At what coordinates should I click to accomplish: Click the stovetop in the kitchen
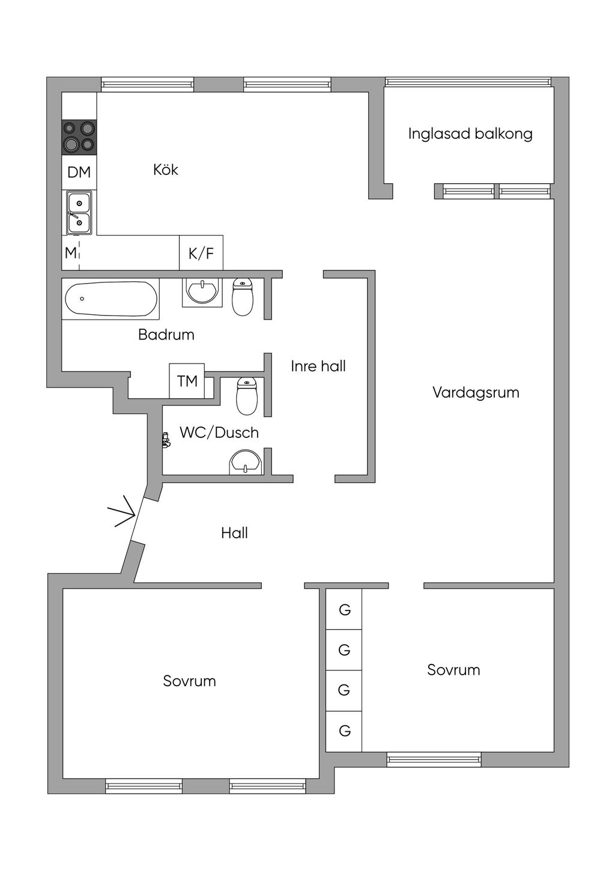[x=79, y=136]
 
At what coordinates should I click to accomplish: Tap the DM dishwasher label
[x=79, y=172]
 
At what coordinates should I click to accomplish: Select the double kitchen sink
[x=79, y=213]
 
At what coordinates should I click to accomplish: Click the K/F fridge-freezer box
[x=201, y=253]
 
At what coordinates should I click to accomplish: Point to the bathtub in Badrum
[x=111, y=299]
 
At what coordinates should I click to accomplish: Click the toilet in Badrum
[x=243, y=297]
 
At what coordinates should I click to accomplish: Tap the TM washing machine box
[x=187, y=381]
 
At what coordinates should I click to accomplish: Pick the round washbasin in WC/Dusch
[x=245, y=463]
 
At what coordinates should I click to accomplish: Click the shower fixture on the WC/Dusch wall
[x=166, y=440]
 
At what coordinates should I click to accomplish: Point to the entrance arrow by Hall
[x=122, y=512]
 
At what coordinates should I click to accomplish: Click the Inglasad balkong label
[x=470, y=133]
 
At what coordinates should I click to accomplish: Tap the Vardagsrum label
[x=476, y=393]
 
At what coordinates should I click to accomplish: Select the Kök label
[x=166, y=170]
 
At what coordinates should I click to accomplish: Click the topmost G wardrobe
[x=344, y=610]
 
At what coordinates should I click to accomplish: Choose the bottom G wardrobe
[x=344, y=731]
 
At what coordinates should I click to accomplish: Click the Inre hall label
[x=318, y=366]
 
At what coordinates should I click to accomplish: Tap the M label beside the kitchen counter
[x=71, y=253]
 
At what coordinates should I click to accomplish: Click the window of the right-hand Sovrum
[x=434, y=760]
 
